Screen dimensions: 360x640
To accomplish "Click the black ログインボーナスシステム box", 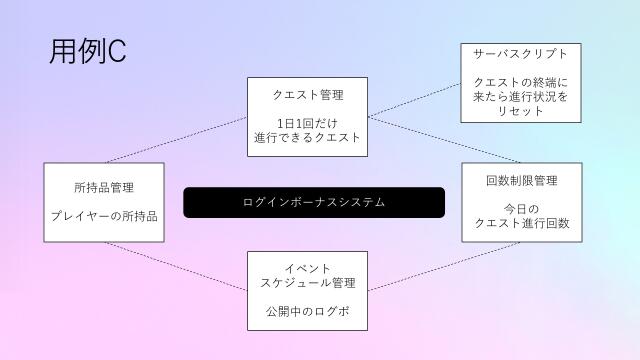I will click(314, 202).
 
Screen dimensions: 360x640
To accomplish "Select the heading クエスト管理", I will click(308, 96).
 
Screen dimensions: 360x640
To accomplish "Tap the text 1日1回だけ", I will click(308, 124).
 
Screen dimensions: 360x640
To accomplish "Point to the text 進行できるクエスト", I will click(308, 138).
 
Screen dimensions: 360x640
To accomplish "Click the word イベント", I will click(308, 268).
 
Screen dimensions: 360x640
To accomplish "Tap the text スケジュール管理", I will click(308, 283).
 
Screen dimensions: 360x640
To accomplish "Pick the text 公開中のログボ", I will click(308, 310).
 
